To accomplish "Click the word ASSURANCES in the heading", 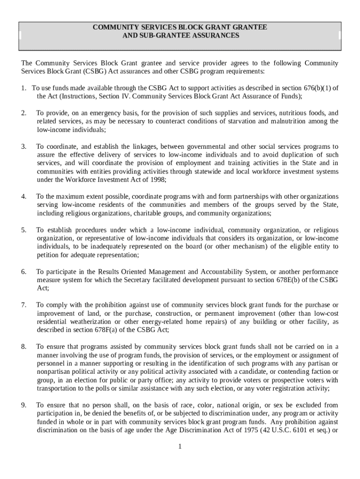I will tap(216, 36).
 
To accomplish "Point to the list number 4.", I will tap(23, 196).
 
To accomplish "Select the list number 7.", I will tap(23, 305).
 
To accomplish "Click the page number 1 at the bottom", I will tap(180, 446).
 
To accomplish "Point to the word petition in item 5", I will tap(49, 255).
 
